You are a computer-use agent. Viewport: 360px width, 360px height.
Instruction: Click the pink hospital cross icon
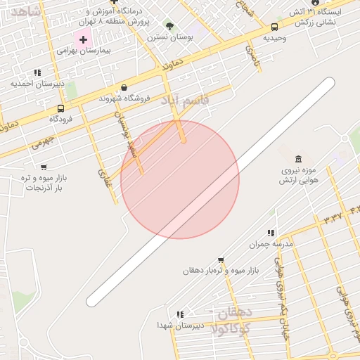tap(83, 39)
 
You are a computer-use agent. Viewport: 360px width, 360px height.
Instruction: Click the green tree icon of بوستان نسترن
tap(169, 25)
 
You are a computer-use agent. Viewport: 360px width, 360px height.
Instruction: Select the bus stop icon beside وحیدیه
tap(274, 27)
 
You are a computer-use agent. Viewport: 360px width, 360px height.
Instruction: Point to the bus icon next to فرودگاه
tap(60, 108)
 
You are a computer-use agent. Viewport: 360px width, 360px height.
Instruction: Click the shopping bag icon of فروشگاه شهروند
tap(124, 87)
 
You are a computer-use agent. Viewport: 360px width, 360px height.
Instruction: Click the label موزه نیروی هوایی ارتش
tap(300, 175)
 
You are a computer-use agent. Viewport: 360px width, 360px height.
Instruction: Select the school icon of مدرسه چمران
tap(270, 233)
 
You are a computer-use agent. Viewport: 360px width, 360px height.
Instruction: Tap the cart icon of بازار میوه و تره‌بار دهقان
tap(221, 259)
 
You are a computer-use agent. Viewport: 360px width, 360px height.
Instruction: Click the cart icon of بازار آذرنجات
tap(44, 167)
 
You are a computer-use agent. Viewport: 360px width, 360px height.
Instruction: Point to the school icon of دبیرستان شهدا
tap(180, 314)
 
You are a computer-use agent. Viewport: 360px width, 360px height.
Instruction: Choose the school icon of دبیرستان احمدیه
tap(37, 72)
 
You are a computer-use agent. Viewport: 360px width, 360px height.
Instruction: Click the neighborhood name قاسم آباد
tap(186, 101)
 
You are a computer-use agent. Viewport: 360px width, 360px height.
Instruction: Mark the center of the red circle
tap(180, 179)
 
